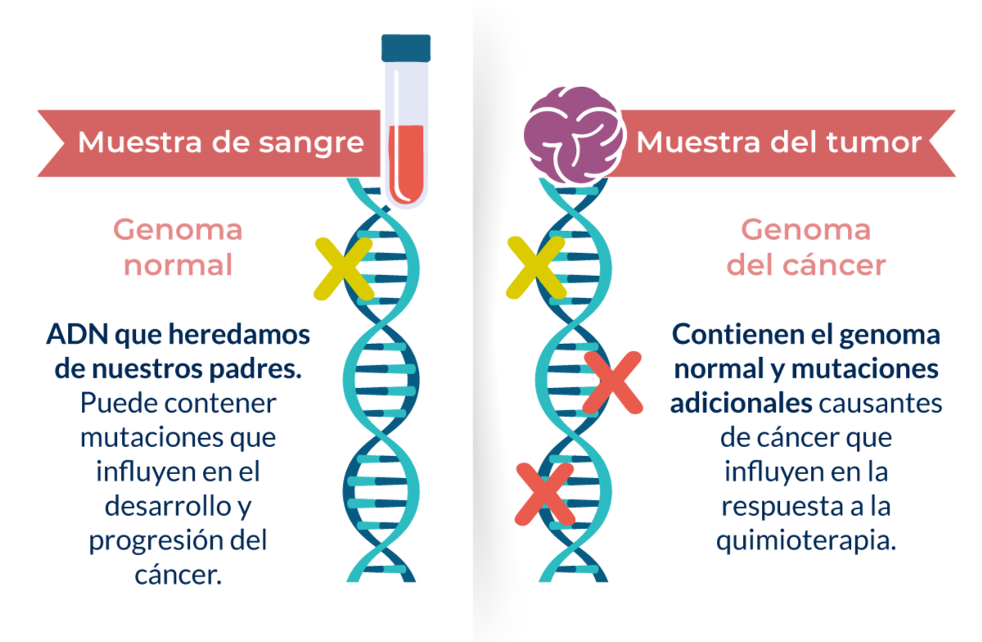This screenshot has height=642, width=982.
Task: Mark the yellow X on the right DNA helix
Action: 537,267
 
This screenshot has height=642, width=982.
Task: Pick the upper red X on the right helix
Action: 613,382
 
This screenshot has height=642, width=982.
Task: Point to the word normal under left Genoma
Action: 178,265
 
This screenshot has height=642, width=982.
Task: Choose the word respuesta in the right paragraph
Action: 778,507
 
